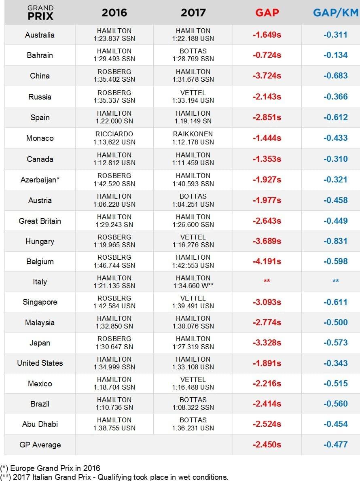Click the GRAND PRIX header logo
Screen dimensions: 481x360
[40, 13]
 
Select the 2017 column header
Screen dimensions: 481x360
[193, 13]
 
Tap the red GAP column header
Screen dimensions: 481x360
[267, 13]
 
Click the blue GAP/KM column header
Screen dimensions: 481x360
[335, 13]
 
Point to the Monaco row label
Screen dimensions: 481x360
[40, 138]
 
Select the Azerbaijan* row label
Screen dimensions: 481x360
[40, 180]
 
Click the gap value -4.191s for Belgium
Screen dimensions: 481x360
[267, 261]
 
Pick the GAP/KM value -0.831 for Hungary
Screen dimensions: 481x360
[335, 241]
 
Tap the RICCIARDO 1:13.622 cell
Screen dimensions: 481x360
[114, 138]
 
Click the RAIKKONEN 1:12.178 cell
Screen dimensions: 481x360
[193, 138]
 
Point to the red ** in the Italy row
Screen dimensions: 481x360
[267, 281]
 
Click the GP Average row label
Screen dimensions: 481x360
[40, 445]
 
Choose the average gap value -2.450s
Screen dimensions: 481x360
[267, 445]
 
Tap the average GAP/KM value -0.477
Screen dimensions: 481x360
[335, 445]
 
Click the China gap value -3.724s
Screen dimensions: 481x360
[267, 76]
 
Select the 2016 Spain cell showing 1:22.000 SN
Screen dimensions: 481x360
[114, 117]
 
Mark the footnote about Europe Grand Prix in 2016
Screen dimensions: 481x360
[50, 468]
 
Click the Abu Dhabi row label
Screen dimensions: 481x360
[40, 424]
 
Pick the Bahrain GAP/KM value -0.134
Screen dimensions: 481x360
[335, 55]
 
